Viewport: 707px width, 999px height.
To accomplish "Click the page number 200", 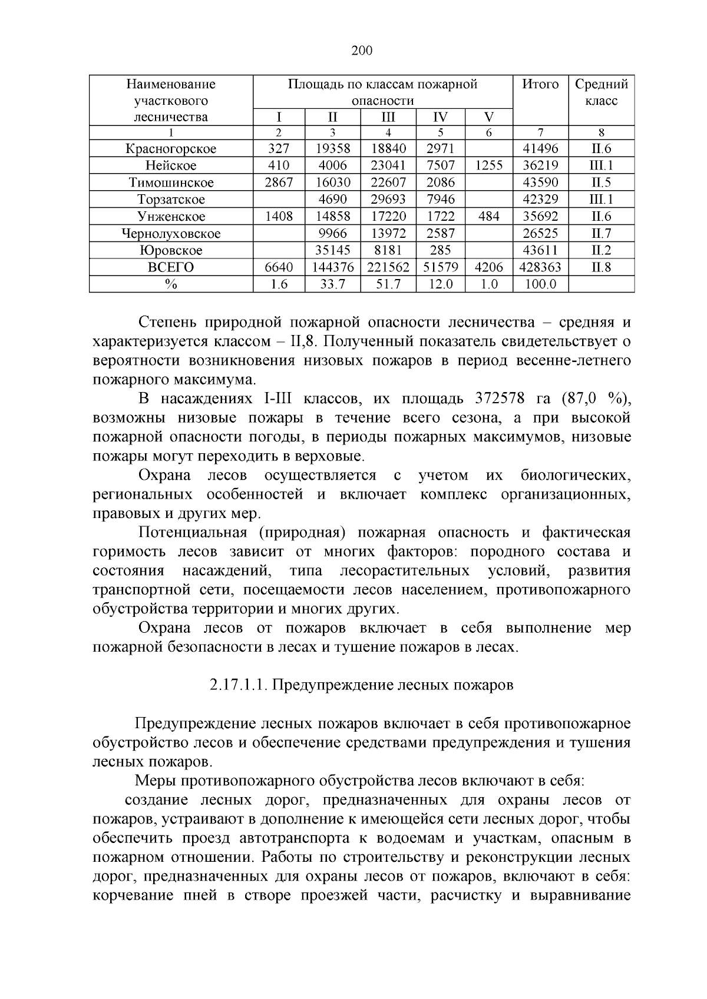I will [x=362, y=51].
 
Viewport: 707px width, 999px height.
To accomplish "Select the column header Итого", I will [x=540, y=84].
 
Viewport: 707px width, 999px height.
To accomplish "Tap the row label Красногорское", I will [x=171, y=149].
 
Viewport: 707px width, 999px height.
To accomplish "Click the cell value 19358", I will [x=332, y=149].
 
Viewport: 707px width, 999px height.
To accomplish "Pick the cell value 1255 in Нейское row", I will [x=489, y=165].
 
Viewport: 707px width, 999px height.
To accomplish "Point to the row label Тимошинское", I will [x=171, y=182].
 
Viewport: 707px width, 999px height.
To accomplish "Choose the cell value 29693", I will [x=388, y=200].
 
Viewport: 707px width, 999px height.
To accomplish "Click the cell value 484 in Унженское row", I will [x=489, y=216].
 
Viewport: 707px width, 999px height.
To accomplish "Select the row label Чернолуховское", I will [x=171, y=234].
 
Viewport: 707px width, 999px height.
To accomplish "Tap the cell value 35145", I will [x=332, y=250].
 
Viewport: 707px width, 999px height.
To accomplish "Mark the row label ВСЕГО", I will [x=171, y=267].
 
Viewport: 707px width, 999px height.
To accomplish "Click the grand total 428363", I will [x=540, y=267].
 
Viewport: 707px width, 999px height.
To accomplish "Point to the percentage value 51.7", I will [x=388, y=284].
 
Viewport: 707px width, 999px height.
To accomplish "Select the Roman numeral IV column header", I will [x=440, y=116].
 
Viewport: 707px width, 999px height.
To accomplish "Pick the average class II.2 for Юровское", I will [x=601, y=250].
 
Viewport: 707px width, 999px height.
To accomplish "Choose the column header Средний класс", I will [x=601, y=92].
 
